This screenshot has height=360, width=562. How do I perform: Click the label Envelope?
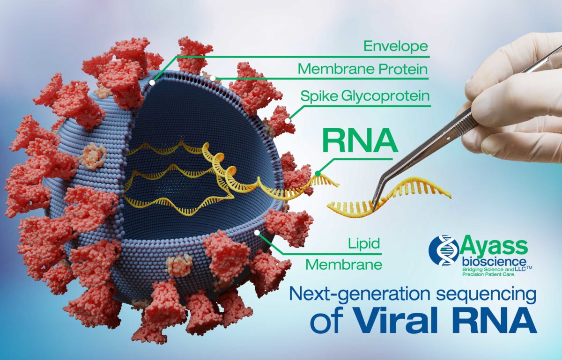coord(396,46)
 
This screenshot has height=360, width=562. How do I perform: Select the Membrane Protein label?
coord(363,70)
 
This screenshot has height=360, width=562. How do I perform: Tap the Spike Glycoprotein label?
coord(365,96)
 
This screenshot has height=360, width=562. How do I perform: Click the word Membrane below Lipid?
coord(344,264)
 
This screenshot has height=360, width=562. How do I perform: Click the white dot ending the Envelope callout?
coord(153,82)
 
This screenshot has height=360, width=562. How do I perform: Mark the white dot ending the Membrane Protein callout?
coord(212,78)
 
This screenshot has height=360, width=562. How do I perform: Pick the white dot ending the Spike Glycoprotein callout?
coord(287,119)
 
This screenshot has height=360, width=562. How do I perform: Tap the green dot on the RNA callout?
coord(318,174)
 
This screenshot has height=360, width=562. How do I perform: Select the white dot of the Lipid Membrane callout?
coord(257,231)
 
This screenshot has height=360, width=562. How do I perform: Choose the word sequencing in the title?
coord(481,296)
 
